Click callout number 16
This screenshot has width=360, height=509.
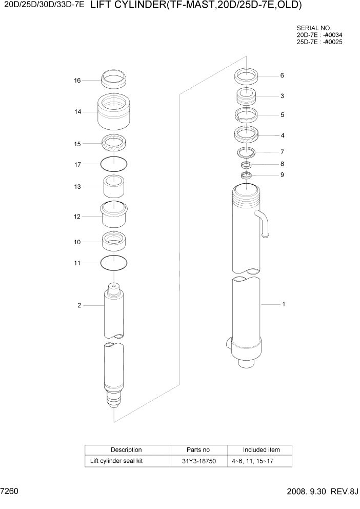(x=77, y=81)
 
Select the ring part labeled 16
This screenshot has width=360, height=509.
(x=114, y=80)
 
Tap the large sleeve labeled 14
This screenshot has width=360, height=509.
(x=114, y=112)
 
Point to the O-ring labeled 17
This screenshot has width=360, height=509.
(x=114, y=164)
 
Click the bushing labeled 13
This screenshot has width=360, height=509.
(x=114, y=187)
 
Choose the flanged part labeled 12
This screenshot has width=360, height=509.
(x=114, y=215)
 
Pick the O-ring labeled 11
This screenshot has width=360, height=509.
(x=114, y=263)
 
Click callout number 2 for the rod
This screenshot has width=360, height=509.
(x=79, y=306)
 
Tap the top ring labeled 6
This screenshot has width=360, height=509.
(x=246, y=76)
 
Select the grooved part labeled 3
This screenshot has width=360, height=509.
(x=246, y=96)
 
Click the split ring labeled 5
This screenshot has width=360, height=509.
(x=246, y=114)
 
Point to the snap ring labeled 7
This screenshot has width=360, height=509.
(x=247, y=152)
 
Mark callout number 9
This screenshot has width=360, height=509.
(x=282, y=175)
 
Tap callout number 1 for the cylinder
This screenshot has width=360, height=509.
(x=283, y=304)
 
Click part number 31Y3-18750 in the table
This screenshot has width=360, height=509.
(x=199, y=461)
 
